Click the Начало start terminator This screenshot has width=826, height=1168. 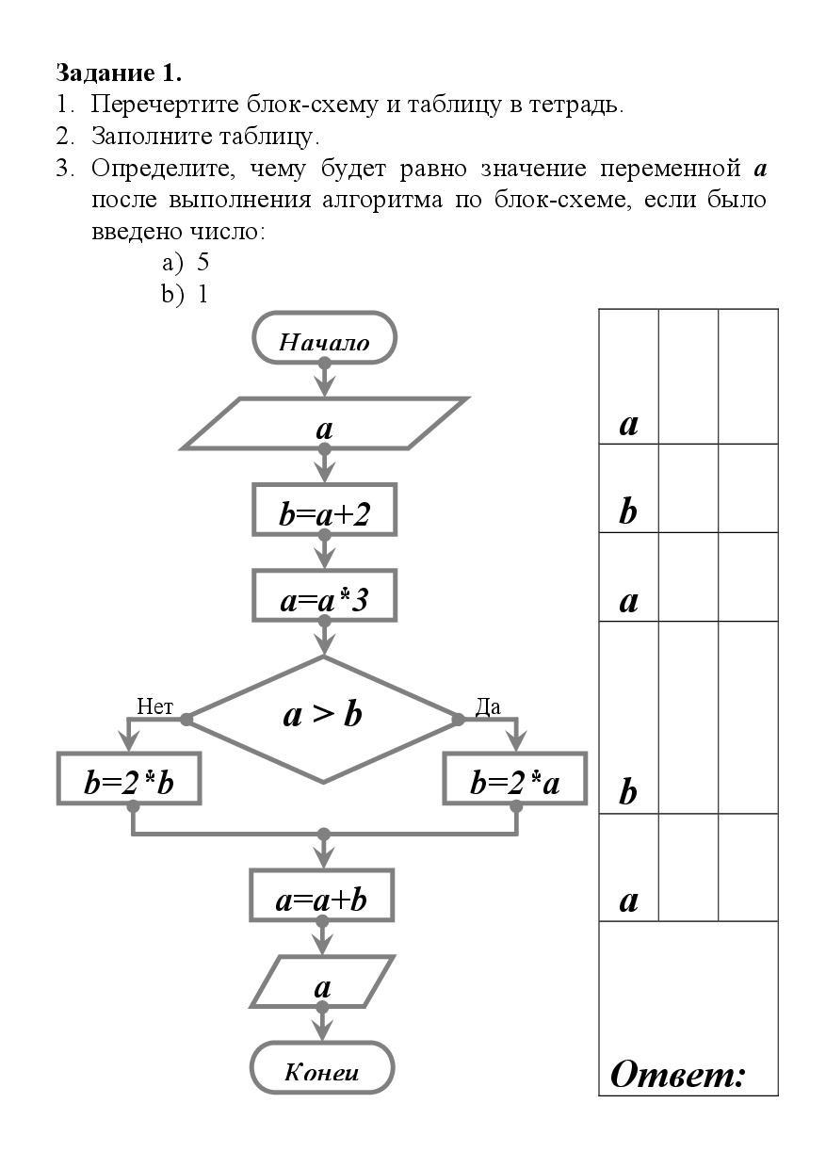(324, 338)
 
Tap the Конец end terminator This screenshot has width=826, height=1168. (322, 1068)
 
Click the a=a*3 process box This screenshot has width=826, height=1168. (324, 597)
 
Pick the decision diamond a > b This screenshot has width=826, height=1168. (322, 715)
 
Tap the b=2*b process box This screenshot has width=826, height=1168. (129, 779)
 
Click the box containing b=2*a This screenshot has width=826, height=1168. (515, 779)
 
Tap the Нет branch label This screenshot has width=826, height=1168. (154, 706)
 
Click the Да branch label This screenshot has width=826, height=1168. (487, 706)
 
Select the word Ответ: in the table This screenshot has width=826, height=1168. (678, 1073)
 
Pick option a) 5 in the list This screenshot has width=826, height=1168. (185, 262)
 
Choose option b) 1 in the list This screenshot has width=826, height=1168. (185, 294)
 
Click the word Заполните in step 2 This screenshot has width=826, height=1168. (138, 136)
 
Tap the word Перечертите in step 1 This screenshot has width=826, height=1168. (166, 104)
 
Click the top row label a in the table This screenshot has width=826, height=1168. (628, 424)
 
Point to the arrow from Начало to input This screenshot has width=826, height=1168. (324, 379)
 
